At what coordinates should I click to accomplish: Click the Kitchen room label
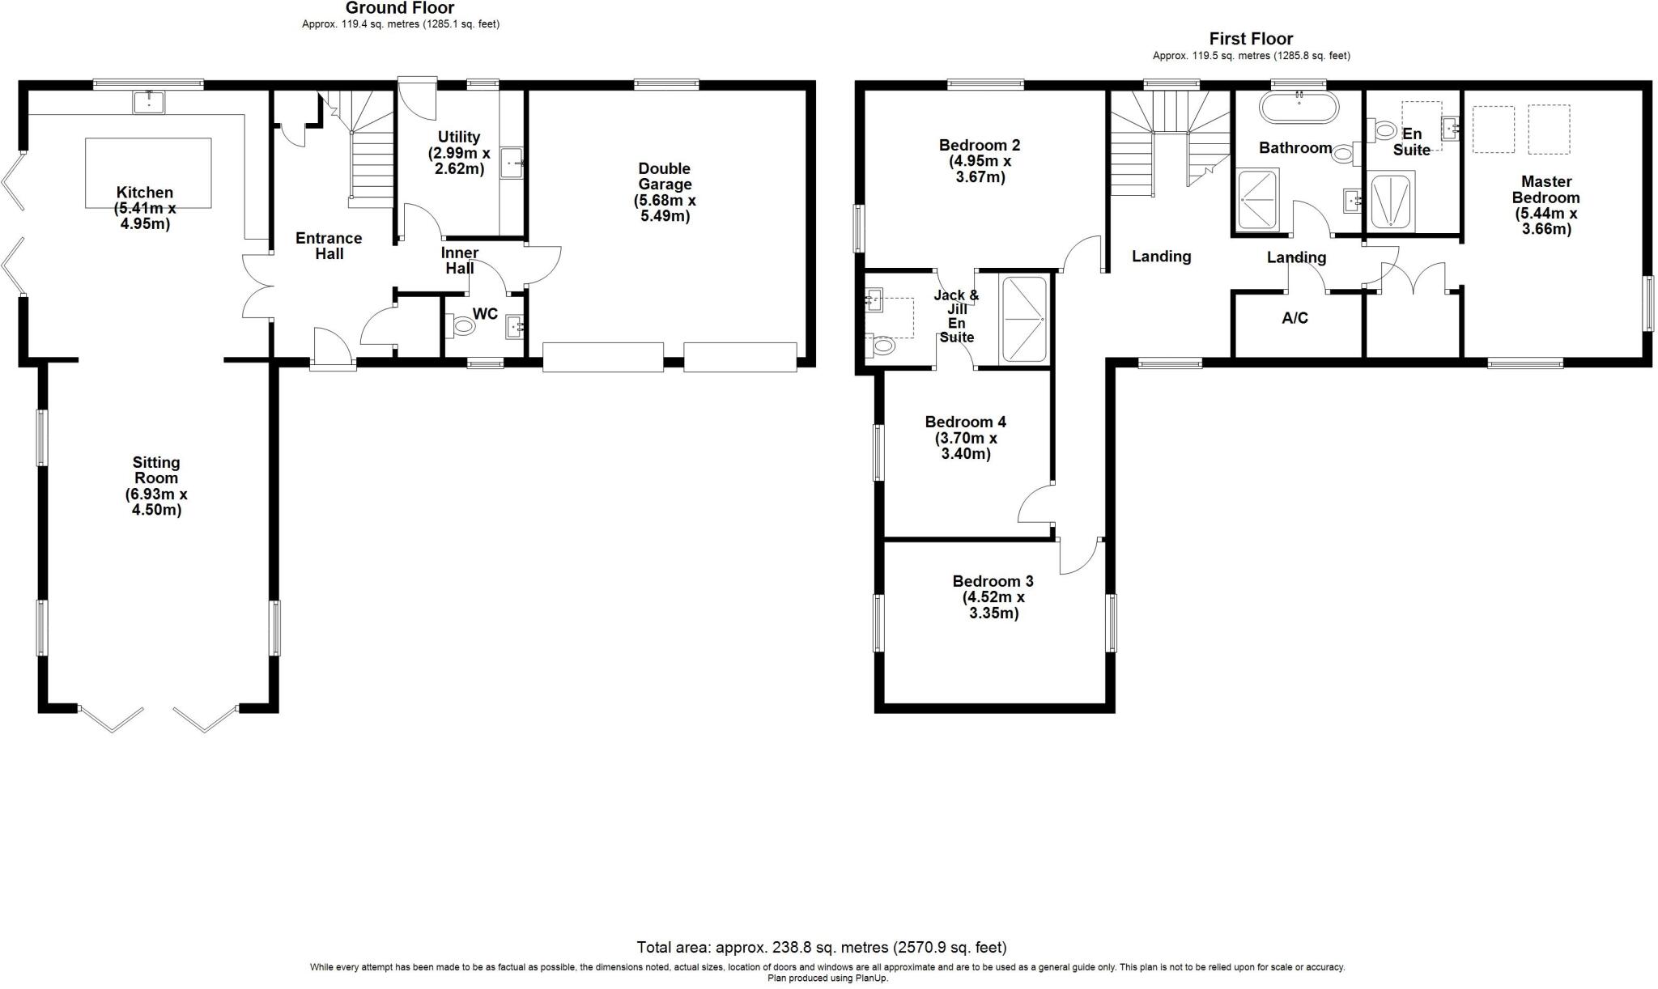pos(145,193)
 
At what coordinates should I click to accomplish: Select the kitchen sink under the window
pos(149,102)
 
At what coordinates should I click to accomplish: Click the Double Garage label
pos(664,176)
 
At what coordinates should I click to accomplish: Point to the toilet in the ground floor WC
pos(463,327)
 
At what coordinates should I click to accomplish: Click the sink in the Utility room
pos(512,162)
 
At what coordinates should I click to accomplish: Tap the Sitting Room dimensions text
pos(155,502)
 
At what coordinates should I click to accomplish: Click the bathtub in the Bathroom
pos(1299,107)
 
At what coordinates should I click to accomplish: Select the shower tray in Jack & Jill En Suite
pos(1024,319)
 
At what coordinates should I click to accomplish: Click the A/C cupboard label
pos(1295,318)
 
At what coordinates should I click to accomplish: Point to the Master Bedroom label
pos(1545,189)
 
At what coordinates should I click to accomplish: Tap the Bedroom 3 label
pos(993,581)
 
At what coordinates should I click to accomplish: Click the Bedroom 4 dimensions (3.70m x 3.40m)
pos(965,446)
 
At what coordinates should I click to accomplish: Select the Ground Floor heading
pos(400,8)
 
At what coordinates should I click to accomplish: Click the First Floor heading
pos(1251,38)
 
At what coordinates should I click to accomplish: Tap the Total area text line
pos(821,947)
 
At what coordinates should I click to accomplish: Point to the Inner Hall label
pos(459,260)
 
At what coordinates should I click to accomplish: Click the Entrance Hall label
pos(329,245)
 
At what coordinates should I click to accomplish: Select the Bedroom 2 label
pos(979,145)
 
